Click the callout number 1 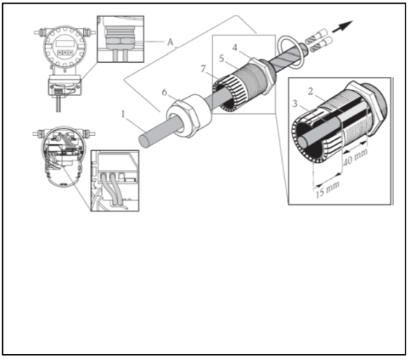tap(124, 114)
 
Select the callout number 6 tap(164, 92)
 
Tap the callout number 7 tap(204, 69)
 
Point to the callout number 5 tap(221, 58)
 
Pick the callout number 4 tap(235, 47)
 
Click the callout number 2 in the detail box tap(310, 92)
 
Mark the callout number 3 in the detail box tap(295, 103)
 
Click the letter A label tap(170, 42)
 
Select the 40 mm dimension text tap(355, 157)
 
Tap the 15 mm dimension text tap(328, 189)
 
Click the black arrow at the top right tap(343, 27)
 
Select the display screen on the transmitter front tap(64, 44)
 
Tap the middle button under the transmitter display tap(65, 52)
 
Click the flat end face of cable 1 tap(144, 141)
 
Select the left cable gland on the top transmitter tap(39, 33)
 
